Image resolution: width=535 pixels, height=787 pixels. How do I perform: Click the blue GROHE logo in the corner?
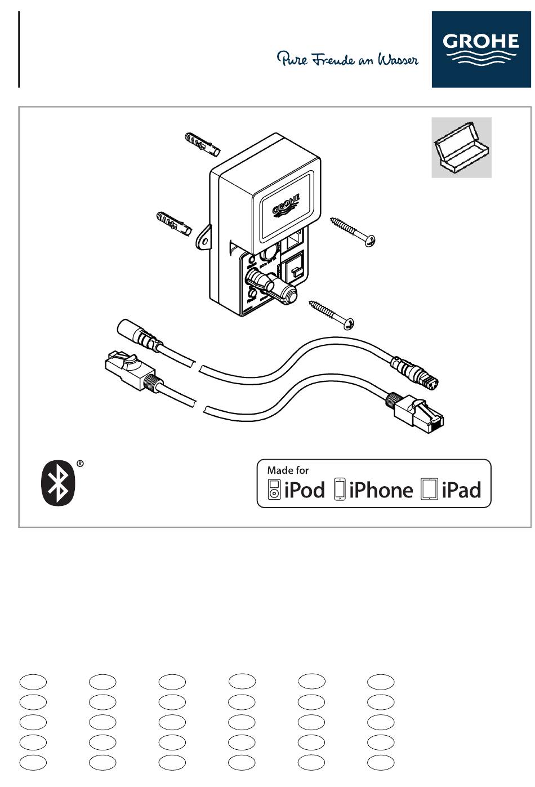[480, 50]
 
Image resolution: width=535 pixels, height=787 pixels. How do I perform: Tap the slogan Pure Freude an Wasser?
[347, 59]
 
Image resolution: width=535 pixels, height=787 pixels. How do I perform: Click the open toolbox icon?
[461, 148]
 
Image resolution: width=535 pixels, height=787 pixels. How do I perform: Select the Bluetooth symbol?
[58, 483]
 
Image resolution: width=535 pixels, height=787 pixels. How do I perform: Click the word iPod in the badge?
[305, 490]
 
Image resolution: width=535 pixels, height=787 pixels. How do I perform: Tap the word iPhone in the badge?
[381, 490]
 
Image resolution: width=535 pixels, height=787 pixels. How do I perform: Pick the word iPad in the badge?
[461, 490]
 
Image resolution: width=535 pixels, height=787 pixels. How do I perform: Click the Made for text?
[288, 470]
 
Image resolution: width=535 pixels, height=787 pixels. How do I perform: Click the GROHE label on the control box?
[286, 204]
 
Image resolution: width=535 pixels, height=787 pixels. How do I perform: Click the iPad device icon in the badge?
[429, 490]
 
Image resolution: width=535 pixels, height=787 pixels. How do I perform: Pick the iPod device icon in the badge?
[274, 490]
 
